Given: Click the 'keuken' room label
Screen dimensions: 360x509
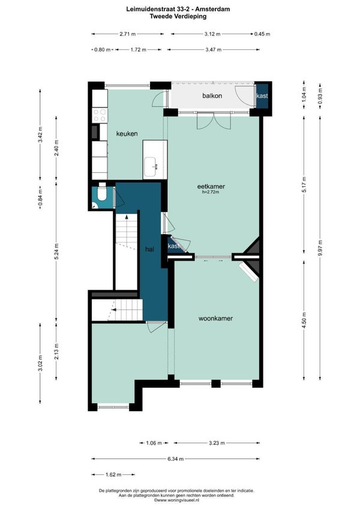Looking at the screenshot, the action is pos(127,133).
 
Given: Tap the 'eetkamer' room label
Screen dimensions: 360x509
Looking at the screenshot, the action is pos(211,186).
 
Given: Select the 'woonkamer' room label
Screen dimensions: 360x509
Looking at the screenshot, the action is pos(215,319).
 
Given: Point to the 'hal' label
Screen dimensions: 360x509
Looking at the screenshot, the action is pos(149,249).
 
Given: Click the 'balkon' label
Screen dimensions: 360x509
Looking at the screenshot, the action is pos(212,96).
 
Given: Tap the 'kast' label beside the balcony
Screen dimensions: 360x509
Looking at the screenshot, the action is pos(262,96).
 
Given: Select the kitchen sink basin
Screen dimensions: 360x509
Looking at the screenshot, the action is pos(151,167).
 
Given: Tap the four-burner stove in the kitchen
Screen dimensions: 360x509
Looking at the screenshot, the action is pos(100,115).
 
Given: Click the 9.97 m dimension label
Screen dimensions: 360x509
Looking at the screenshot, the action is pos(320,248).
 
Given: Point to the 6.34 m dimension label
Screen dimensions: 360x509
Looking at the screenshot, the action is pos(176,459).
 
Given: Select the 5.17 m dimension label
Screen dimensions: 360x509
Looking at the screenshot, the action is pos(304,184).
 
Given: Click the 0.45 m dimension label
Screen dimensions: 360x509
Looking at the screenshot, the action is pos(262,34).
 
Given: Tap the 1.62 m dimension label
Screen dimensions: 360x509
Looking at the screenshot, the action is pos(113,475).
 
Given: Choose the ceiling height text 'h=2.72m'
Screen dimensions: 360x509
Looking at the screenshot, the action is pos(211,192).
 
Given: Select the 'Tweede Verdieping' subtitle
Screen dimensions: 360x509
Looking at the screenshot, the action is pos(178,16).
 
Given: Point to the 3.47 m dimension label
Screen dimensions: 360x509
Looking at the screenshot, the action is pos(213,50).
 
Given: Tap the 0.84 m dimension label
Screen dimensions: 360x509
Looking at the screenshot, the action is pos(40,197).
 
